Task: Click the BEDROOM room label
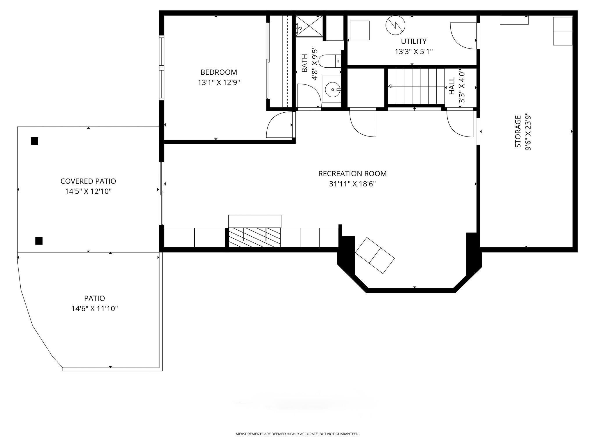pos(219,72)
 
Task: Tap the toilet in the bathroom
pos(330,61)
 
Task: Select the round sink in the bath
pos(332,90)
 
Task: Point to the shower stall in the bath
pos(309,26)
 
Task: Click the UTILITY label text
pos(414,41)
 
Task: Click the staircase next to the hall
pos(416,86)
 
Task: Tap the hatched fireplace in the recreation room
pos(255,238)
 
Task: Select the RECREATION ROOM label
pos(352,174)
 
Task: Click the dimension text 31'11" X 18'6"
pos(352,184)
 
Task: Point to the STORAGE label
pos(518,132)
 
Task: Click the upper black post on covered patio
pos(35,141)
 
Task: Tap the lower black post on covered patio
pos(39,241)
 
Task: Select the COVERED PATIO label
pos(88,181)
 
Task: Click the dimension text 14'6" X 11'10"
pos(95,308)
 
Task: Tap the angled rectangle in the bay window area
pos(375,255)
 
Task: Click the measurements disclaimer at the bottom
pos(297,434)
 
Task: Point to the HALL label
pos(452,86)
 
